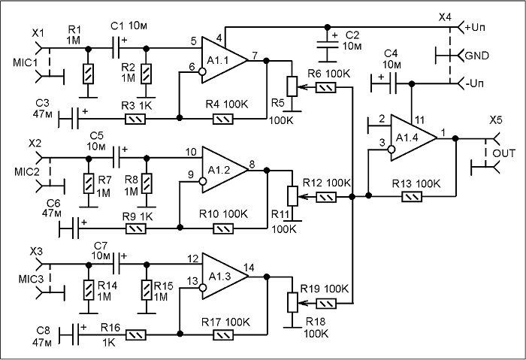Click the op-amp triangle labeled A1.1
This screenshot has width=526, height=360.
click(x=223, y=60)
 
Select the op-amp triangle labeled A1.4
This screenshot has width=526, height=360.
click(x=413, y=138)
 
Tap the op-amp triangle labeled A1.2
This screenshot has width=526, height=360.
click(x=224, y=170)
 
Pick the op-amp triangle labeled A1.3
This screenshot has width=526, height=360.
click(x=224, y=277)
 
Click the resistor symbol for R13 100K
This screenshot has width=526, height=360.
click(x=412, y=197)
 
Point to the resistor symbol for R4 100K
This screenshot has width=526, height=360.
click(x=223, y=119)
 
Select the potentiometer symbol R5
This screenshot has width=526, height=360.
click(x=292, y=86)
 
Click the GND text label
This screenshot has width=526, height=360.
click(x=476, y=56)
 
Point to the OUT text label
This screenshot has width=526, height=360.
click(x=503, y=153)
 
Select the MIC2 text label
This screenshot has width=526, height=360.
click(x=27, y=172)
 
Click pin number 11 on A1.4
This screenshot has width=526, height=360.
click(x=419, y=119)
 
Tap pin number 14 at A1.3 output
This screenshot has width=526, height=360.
click(x=249, y=268)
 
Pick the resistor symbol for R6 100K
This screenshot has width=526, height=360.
click(x=325, y=88)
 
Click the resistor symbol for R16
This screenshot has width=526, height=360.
click(x=136, y=334)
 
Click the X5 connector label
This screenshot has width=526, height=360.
click(x=496, y=120)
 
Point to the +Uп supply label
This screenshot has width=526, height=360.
click(x=476, y=27)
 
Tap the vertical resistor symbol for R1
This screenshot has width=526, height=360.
click(x=88, y=74)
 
